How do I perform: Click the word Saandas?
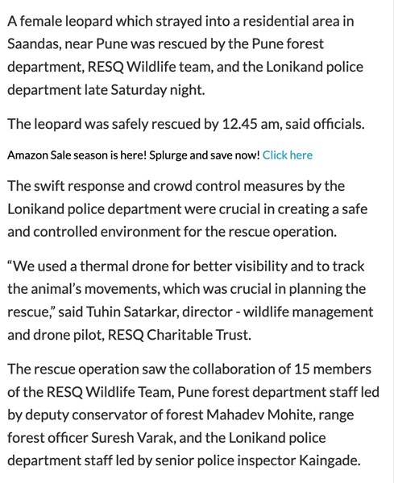(35, 43)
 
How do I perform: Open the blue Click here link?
(288, 155)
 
